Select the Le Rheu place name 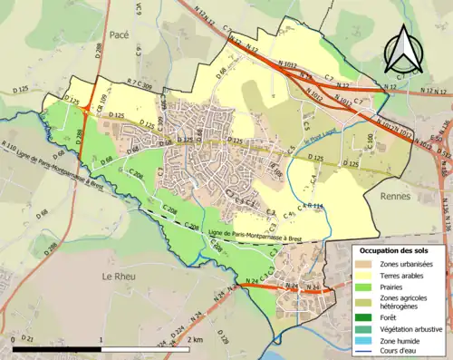tap(118, 276)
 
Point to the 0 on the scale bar tap(13, 340)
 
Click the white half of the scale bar tap(145, 348)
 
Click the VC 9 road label tap(139, 11)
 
